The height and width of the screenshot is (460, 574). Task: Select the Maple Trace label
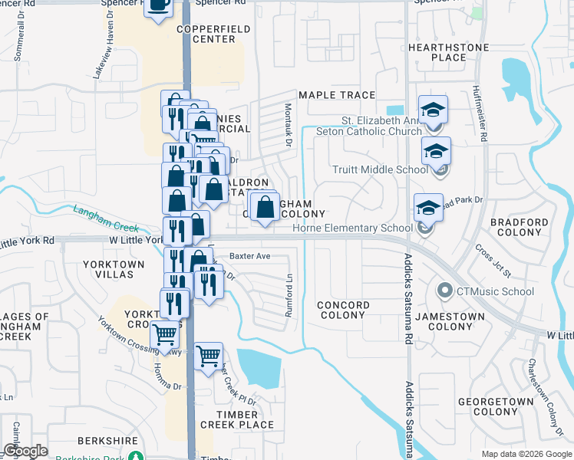(x=337, y=95)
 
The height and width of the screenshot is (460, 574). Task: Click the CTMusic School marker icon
(x=444, y=291)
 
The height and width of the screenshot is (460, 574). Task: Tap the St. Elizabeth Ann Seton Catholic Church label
(x=381, y=126)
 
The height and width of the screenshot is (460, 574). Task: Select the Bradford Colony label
(x=519, y=228)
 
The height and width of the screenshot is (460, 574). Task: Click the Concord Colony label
(x=342, y=310)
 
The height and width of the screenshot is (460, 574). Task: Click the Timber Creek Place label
(x=236, y=419)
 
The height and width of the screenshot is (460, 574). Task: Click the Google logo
(x=26, y=452)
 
